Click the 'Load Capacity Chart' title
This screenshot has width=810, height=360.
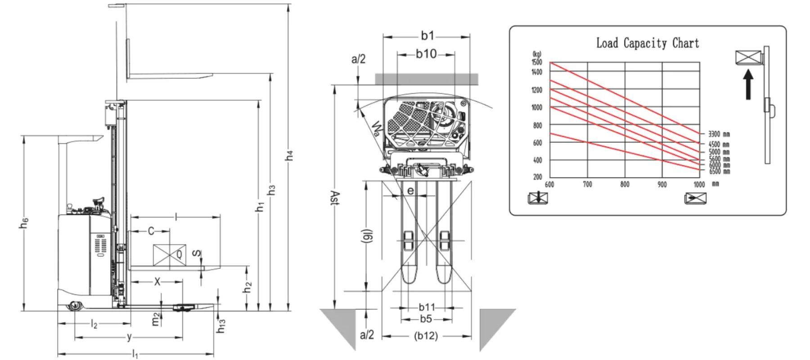coord(648,43)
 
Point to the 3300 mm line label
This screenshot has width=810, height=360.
coord(719,134)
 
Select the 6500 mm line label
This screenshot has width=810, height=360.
coord(719,171)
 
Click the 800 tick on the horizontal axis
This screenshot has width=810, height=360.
coord(625,184)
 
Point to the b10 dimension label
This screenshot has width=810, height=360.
coord(426,54)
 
